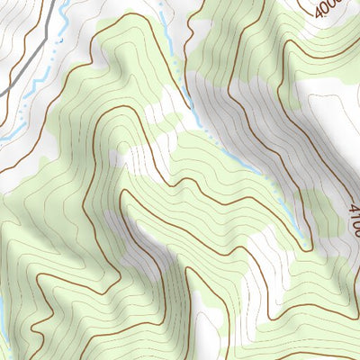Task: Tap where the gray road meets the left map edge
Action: (x=2, y=94)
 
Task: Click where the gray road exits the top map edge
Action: (x=64, y=2)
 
